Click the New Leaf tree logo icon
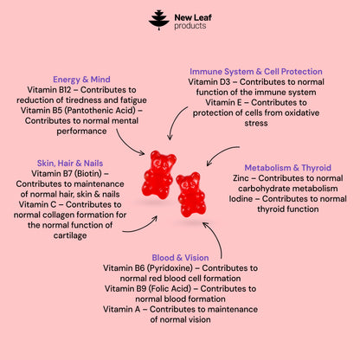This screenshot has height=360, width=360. point(159,20)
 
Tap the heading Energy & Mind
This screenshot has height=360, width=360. point(81,80)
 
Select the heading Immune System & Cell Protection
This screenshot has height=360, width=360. point(256,72)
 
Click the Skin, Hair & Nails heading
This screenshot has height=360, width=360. point(70,164)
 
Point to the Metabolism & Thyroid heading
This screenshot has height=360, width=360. point(287,168)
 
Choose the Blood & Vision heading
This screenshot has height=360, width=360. point(180,258)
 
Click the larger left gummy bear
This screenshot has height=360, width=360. point(158,175)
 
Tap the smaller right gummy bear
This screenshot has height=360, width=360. point(190,195)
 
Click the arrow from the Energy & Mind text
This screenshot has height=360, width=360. point(126,145)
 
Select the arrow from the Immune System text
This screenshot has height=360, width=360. point(174,121)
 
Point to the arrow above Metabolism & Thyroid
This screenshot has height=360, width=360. point(221,152)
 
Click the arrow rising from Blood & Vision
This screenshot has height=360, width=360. point(215,237)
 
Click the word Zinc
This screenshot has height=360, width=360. point(241,178)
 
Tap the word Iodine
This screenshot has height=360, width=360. point(241,199)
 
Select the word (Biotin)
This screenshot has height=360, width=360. point(88,174)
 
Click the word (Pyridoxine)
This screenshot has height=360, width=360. point(170,268)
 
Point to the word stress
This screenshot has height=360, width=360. point(256,123)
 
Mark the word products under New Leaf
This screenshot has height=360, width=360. point(190,26)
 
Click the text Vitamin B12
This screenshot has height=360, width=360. point(49,90)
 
